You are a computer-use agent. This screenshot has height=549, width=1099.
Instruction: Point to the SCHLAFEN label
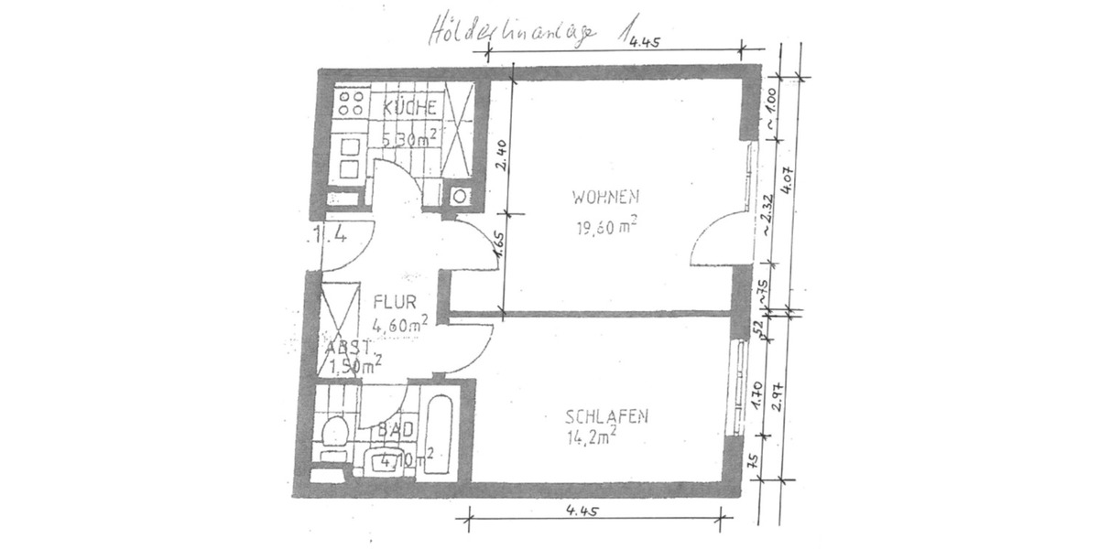(x=607, y=416)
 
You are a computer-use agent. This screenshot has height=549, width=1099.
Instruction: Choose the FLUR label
(x=396, y=300)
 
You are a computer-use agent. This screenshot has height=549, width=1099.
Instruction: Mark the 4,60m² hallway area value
(x=401, y=323)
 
